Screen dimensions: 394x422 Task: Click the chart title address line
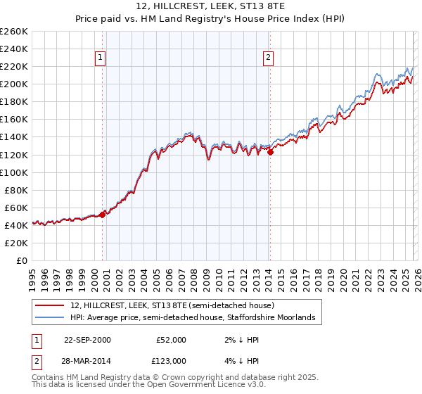(211, 6)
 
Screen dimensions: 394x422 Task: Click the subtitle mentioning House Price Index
(211, 19)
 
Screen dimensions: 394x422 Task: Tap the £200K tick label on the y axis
(14, 84)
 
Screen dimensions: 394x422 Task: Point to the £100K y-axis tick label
(14, 172)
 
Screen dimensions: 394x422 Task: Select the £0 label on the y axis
(23, 260)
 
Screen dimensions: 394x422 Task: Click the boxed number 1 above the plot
(101, 58)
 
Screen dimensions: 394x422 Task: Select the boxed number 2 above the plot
(269, 58)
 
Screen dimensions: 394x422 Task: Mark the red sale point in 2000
(103, 215)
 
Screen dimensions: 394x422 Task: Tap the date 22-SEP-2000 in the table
(87, 340)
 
